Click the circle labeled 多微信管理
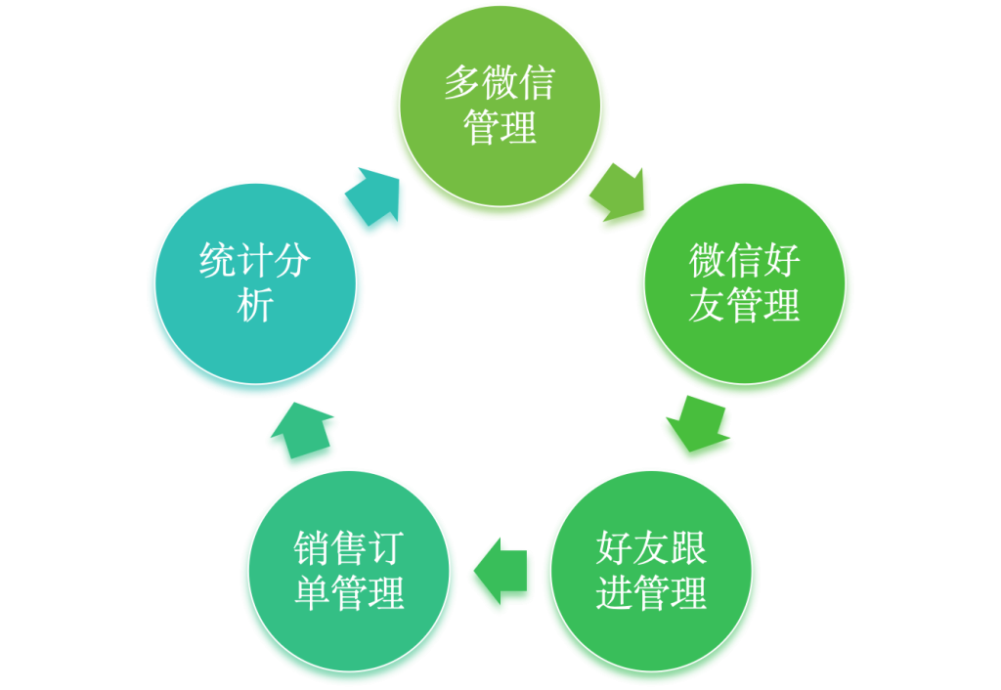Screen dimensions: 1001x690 point(500,106)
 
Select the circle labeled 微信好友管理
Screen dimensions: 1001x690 point(744,283)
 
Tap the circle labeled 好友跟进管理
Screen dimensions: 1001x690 point(651,571)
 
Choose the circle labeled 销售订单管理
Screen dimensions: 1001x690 point(349,571)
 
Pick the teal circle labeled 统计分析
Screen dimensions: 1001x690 point(255,283)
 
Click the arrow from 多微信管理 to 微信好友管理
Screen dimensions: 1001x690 point(618,193)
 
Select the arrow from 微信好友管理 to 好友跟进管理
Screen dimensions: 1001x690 point(697,423)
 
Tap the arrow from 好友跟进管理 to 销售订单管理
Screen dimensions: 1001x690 point(500,571)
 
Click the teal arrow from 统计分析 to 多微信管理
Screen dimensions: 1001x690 point(372,196)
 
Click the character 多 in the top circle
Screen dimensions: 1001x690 point(462,83)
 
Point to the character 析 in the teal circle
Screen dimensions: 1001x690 point(255,305)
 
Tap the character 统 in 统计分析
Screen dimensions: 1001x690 point(218,260)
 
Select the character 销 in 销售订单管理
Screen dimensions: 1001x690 point(312,547)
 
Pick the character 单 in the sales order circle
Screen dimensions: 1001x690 point(312,592)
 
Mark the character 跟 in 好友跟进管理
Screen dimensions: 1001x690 point(688,547)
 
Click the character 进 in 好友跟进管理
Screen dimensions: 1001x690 point(614,592)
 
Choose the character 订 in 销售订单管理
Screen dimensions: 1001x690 point(386,547)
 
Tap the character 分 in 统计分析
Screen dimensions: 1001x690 point(292,260)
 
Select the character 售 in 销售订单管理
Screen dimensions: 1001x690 point(349,547)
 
